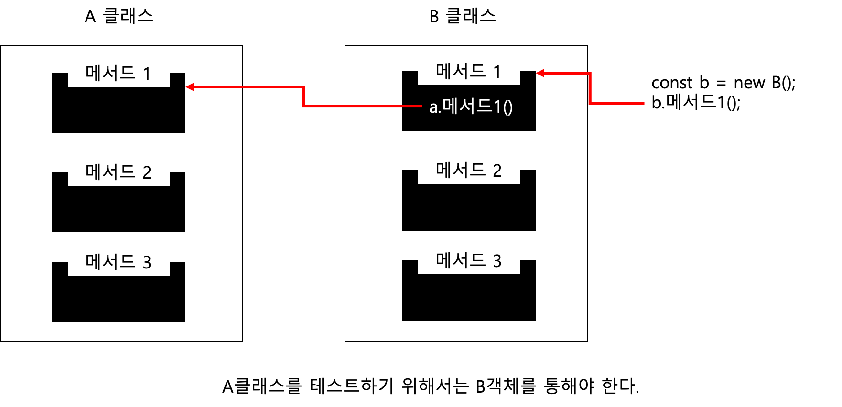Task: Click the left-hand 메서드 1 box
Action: point(119,77)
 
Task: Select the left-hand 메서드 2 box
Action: point(119,176)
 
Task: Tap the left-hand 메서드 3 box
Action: point(119,266)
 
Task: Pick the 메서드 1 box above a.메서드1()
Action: point(469,75)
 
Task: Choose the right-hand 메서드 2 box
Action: point(469,174)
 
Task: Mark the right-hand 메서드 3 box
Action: point(469,264)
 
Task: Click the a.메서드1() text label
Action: point(471,107)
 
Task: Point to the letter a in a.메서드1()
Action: point(433,108)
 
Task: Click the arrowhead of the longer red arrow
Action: point(189,87)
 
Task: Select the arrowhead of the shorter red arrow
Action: point(540,73)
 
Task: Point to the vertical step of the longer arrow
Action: point(303,96)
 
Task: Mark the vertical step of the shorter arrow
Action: point(590,88)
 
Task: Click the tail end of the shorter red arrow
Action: point(643,103)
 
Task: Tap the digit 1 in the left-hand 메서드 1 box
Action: point(147,75)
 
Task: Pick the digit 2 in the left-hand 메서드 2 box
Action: point(147,173)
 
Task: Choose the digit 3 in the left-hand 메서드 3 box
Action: point(147,263)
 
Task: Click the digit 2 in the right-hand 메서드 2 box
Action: point(497,171)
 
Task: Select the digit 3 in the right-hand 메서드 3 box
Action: point(497,262)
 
